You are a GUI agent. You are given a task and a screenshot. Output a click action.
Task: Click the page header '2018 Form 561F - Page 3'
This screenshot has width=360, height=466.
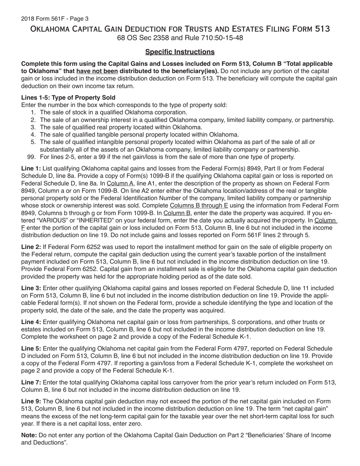(x=55, y=19)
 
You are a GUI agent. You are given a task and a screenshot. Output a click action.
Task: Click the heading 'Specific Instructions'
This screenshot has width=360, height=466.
(x=180, y=52)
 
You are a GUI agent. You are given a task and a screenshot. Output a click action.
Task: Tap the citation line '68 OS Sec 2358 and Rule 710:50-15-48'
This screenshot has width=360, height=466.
(x=180, y=38)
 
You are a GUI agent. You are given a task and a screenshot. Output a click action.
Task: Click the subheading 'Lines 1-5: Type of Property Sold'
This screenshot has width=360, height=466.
(x=68, y=97)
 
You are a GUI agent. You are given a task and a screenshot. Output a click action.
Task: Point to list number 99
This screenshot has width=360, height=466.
(x=32, y=157)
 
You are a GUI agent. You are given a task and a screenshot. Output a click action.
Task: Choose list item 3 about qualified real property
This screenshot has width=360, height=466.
(x=121, y=127)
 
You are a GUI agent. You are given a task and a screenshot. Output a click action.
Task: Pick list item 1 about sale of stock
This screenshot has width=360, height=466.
(x=113, y=113)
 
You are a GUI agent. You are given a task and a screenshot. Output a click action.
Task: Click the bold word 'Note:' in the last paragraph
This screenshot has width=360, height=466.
(x=29, y=435)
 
